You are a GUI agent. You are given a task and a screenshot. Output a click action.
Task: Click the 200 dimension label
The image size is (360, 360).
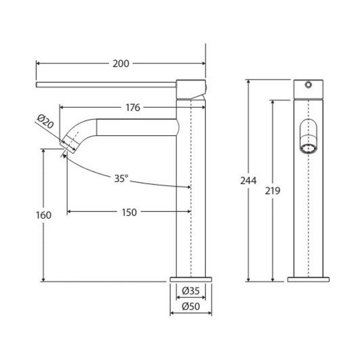coord(121,64)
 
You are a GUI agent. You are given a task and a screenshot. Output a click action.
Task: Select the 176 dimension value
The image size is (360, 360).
coord(133,107)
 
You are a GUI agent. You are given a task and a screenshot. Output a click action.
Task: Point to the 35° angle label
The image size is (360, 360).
coord(121,178)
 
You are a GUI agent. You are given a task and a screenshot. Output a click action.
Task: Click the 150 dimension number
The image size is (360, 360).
coord(129,212)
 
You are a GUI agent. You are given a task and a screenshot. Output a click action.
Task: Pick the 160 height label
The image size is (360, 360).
coord(43,215)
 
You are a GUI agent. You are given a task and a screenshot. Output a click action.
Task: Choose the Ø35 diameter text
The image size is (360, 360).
coord(191,291)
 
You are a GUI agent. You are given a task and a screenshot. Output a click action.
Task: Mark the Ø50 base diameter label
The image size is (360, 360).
coord(191,307)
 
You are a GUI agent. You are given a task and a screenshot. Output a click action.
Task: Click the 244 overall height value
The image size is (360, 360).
coord(248,181)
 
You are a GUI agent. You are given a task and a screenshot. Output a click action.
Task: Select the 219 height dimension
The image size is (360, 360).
coord(273,191)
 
